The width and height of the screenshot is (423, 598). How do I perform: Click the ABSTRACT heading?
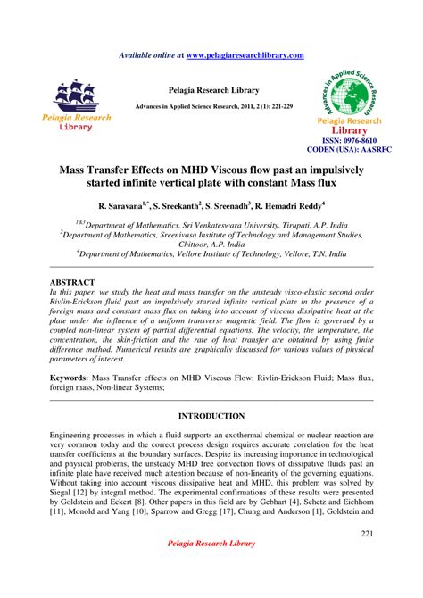pyautogui.click(x=72, y=282)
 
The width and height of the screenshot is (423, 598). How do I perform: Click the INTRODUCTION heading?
pyautogui.click(x=211, y=417)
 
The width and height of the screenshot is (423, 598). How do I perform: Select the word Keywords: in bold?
pyautogui.click(x=73, y=378)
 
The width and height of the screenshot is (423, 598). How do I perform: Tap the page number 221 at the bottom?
pyautogui.click(x=367, y=533)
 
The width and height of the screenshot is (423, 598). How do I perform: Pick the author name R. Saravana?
pyautogui.click(x=122, y=204)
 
